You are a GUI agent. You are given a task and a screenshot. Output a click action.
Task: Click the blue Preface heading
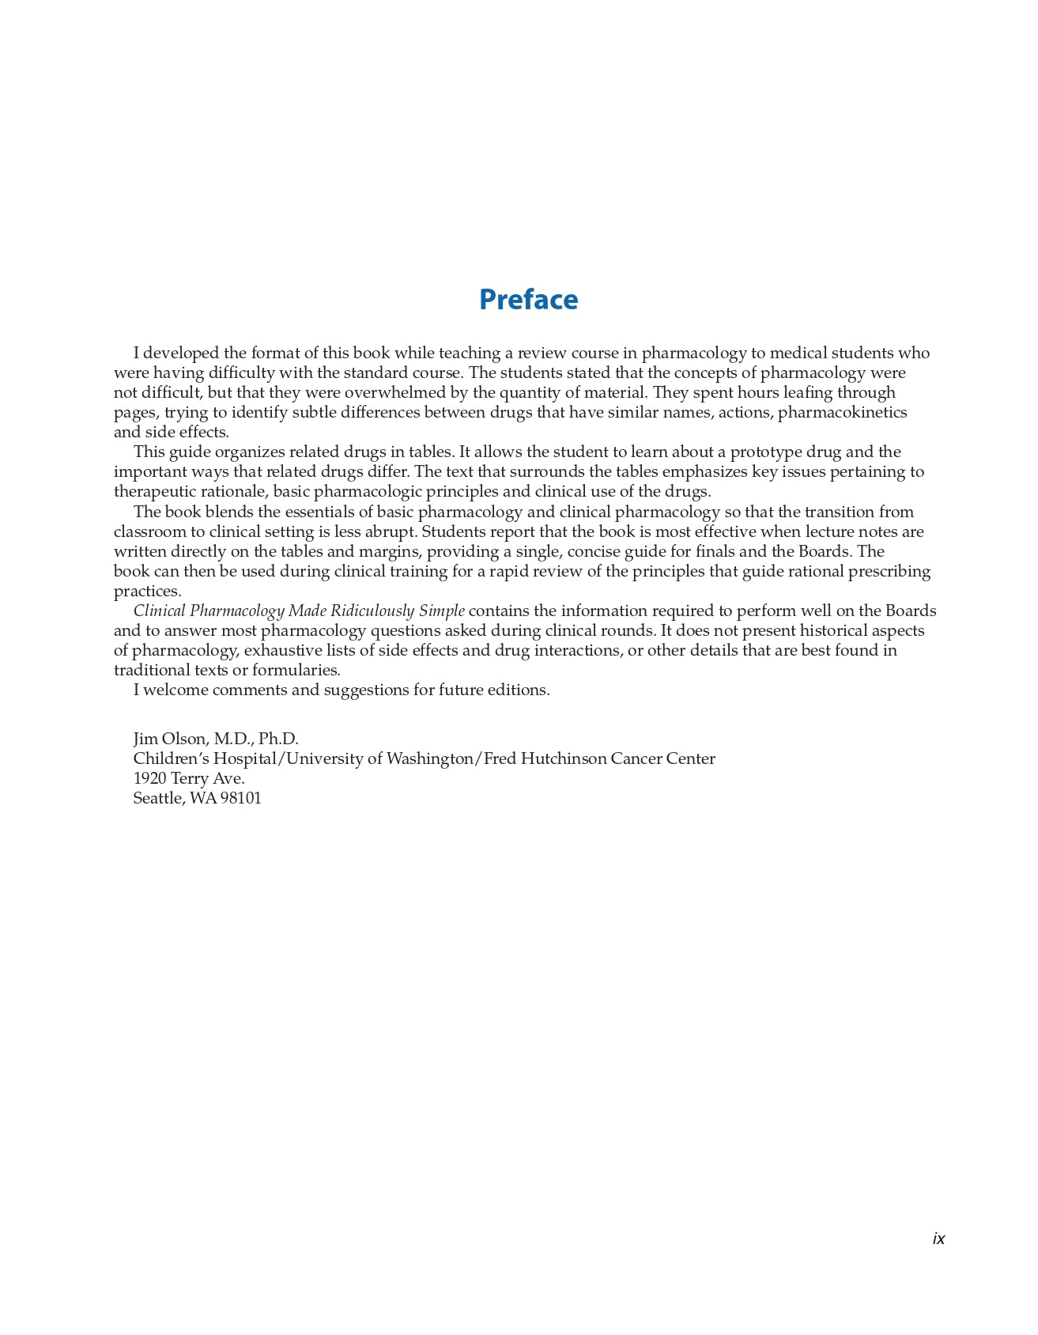528,300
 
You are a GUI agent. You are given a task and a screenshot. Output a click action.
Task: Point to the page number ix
938,1239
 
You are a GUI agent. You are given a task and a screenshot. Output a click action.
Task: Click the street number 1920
149,778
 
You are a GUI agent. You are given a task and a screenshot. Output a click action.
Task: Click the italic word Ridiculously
372,611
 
